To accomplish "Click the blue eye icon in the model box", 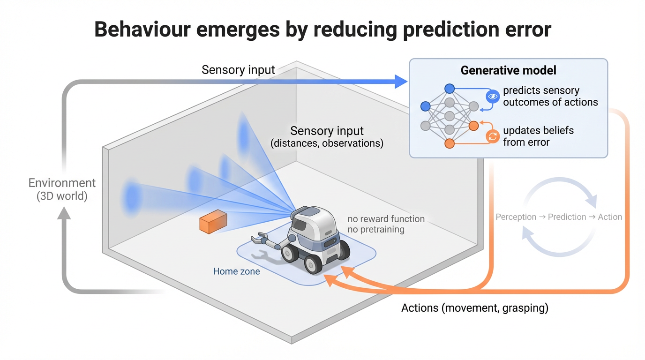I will tap(492, 97).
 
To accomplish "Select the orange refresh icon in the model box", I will tap(492, 136).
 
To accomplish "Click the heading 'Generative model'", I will tap(508, 70).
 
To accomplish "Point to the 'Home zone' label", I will tap(236, 271).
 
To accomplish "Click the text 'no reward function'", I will tap(386, 219).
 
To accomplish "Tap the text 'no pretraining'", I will tap(375, 230).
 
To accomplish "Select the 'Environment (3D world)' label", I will tap(62, 189).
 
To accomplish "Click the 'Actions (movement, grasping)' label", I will tap(475, 308).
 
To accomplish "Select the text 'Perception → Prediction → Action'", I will tap(559, 217).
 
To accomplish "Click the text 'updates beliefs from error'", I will tap(538, 136).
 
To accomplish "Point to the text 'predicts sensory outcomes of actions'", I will tap(550, 96).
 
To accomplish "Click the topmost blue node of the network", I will tap(450, 88).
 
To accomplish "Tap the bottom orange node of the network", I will tap(450, 143).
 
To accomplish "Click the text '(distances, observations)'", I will tap(327, 143).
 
